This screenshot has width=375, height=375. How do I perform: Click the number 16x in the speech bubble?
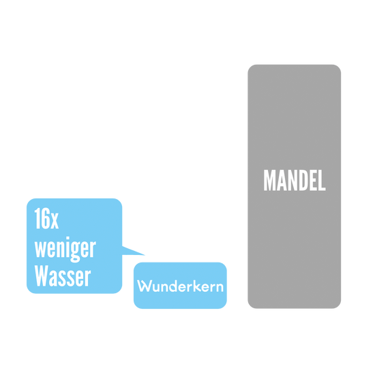coord(46,218)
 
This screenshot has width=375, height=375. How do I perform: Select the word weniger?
coord(65,249)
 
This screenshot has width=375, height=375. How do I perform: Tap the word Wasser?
coord(63,275)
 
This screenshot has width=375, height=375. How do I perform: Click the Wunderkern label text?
coord(180,286)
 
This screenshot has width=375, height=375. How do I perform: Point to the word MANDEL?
coord(295,180)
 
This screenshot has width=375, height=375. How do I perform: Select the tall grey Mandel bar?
coord(294,186)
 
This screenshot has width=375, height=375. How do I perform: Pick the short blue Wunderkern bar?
coord(180,285)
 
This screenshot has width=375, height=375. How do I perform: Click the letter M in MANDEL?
coord(269,180)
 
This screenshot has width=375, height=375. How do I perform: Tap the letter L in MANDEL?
coord(322,180)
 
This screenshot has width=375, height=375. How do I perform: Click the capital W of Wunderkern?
coord(144,286)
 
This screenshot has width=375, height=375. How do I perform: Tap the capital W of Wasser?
coord(42,275)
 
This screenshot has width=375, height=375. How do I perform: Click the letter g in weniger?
coord(75,252)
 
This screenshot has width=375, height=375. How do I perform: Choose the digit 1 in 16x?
coord(37,218)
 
